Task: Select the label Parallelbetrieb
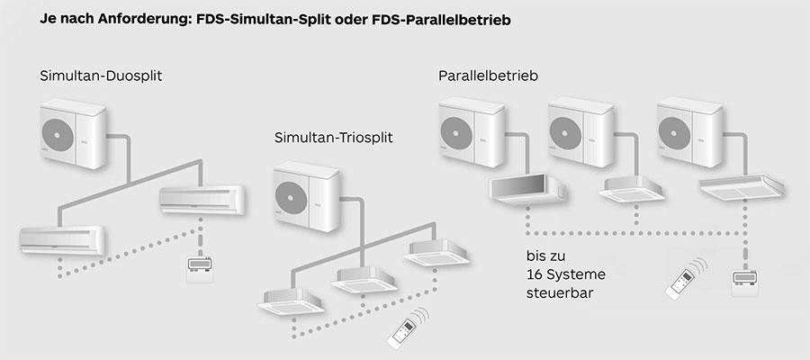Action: point(488,76)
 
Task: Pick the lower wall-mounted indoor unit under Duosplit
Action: point(62,238)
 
